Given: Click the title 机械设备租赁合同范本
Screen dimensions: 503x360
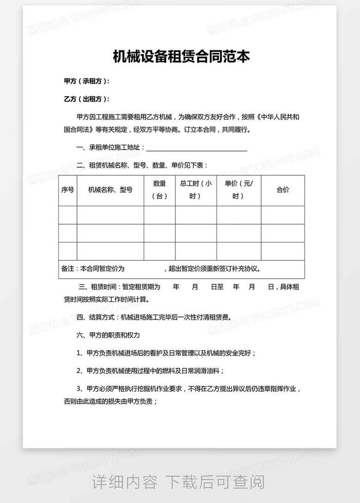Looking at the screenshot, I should click(181, 57).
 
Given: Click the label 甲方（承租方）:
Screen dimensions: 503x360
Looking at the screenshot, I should click(87, 81).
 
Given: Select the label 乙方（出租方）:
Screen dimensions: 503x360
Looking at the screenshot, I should click(87, 99).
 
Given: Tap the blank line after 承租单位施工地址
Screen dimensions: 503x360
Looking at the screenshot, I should click(197, 148).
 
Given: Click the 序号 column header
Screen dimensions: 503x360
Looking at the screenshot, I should click(67, 190).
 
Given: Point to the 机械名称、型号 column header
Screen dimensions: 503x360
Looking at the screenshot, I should click(110, 190).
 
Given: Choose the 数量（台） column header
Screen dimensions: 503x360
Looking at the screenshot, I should click(159, 190).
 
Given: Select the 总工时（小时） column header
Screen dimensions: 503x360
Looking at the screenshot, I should click(196, 190).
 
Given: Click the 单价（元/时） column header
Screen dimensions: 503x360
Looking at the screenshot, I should click(239, 190).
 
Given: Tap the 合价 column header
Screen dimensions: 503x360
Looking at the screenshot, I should click(282, 190).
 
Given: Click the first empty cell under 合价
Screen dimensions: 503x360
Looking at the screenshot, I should click(282, 215).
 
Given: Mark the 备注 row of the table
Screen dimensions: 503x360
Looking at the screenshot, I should click(181, 269).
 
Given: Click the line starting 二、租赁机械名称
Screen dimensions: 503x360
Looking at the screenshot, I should click(142, 165).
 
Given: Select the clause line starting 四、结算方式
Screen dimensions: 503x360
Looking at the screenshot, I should click(154, 317).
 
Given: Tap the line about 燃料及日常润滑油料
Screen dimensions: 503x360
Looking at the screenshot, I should click(150, 371).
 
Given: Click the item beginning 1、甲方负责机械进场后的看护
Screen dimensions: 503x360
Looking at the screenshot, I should click(166, 353).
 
